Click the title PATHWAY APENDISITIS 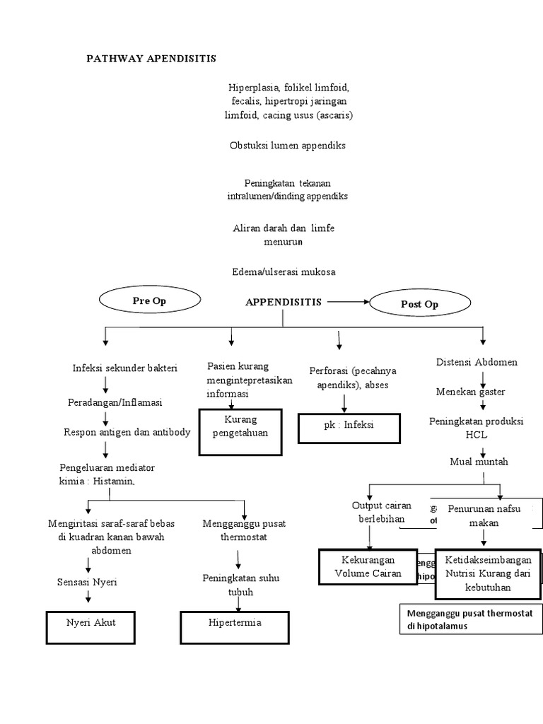tap(151, 57)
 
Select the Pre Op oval tap(149, 300)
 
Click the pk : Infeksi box tap(349, 426)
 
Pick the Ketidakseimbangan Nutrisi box tap(488, 573)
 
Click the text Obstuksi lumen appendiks tap(288, 145)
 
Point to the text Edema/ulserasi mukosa tap(284, 271)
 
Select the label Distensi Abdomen tap(477, 362)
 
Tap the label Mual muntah tap(479, 462)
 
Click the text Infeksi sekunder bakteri tap(125, 368)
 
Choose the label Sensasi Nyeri tap(87, 582)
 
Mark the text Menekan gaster tap(470, 391)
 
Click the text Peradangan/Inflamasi tap(115, 402)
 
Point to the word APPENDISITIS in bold tap(284, 302)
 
